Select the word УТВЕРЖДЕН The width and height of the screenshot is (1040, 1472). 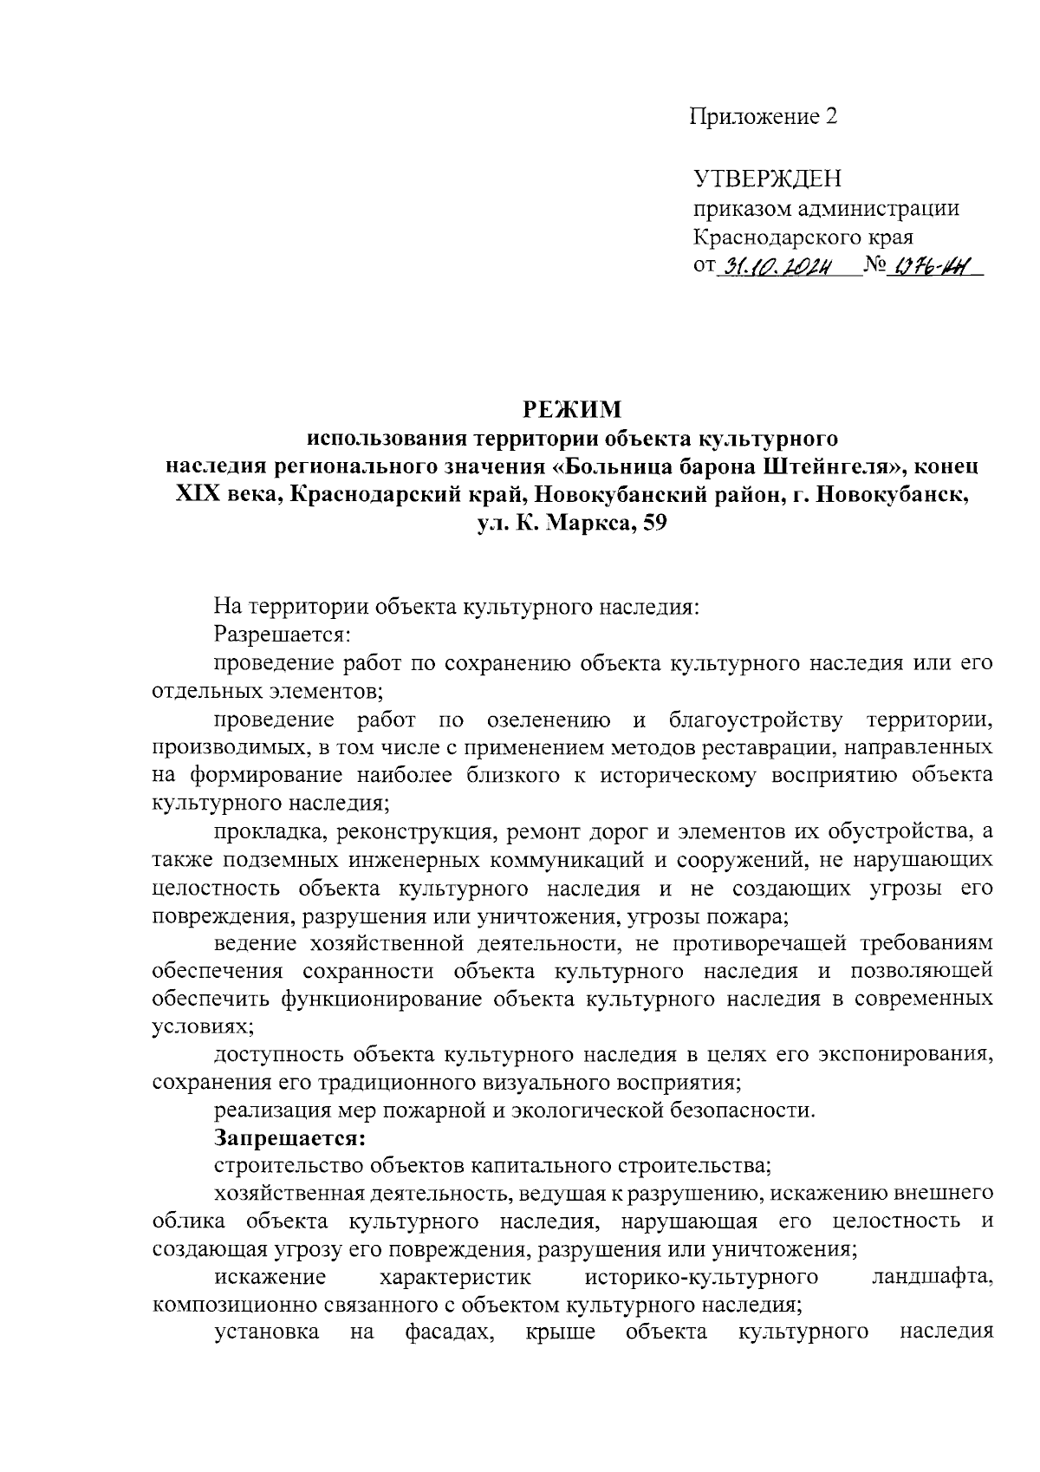[x=767, y=179]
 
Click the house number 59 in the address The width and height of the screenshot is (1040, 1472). [x=651, y=524]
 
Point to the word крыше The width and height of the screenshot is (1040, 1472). [x=561, y=1332]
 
